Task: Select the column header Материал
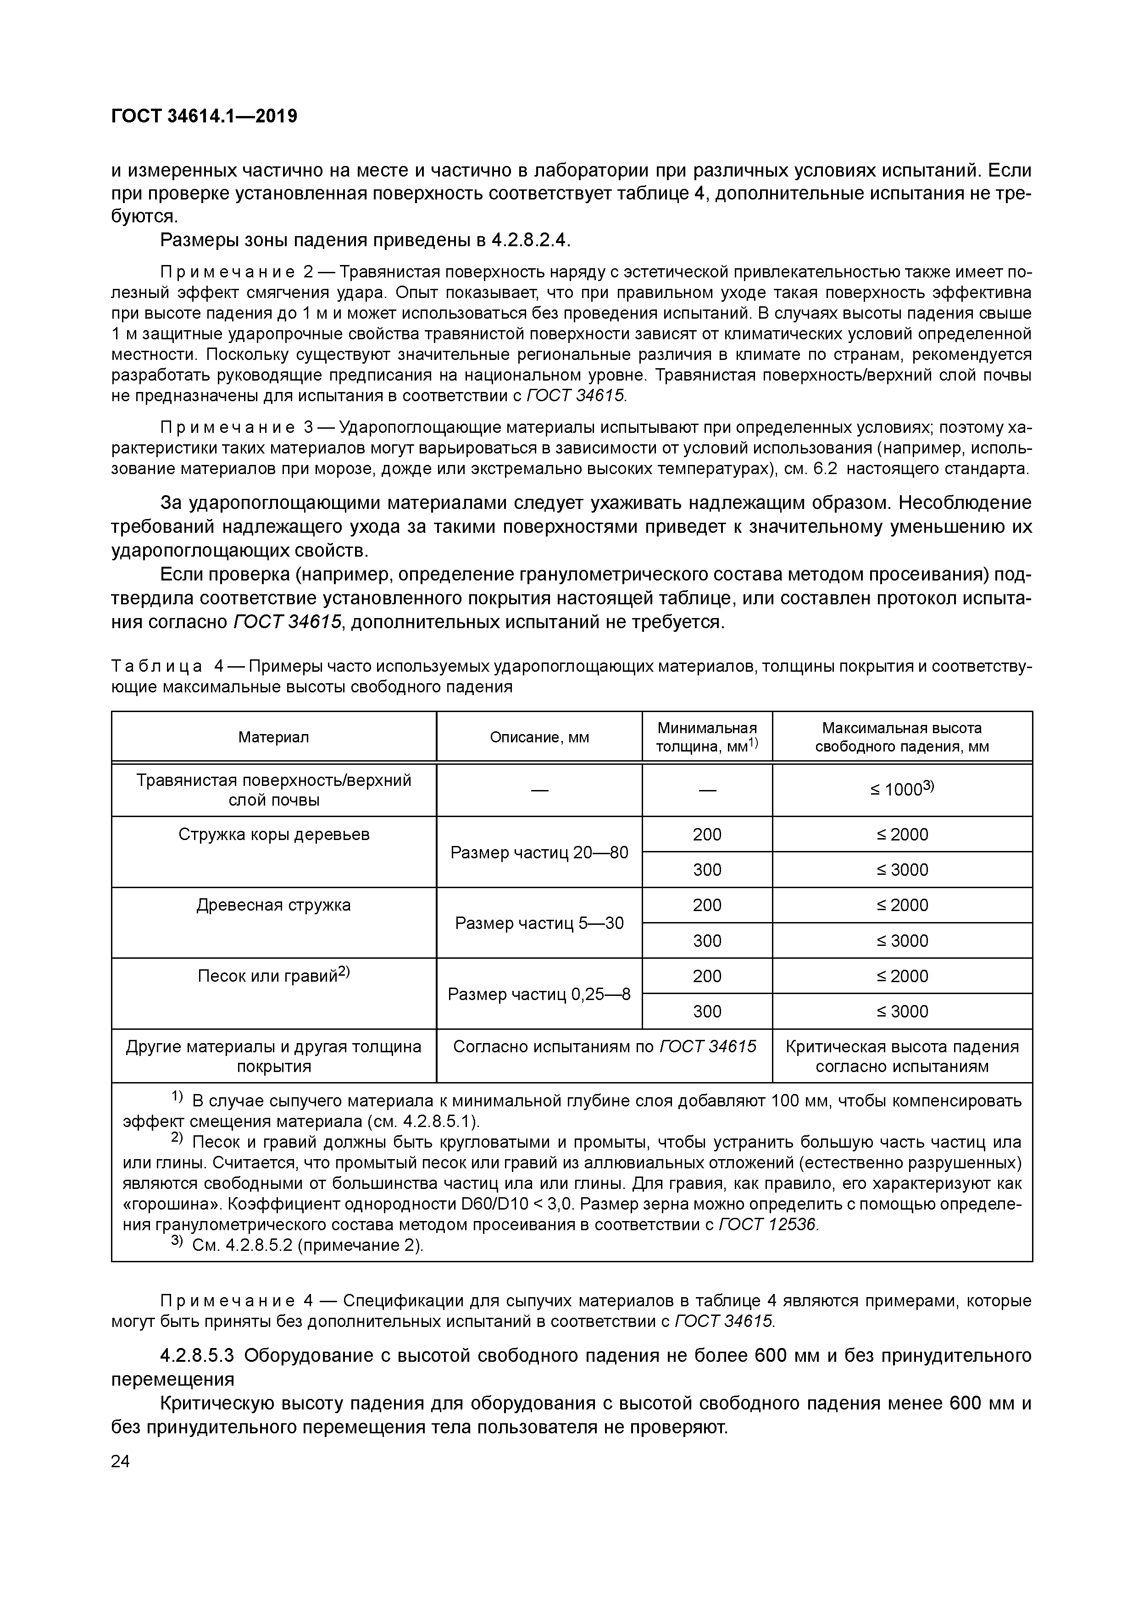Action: (273, 737)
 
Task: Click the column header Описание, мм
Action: (539, 737)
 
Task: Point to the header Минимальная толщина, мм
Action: (706, 737)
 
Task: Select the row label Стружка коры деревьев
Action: (273, 835)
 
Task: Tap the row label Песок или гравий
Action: (273, 976)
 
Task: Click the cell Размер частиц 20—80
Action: (539, 852)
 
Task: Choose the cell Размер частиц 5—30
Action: (539, 923)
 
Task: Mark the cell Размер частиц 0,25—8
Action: (539, 994)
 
